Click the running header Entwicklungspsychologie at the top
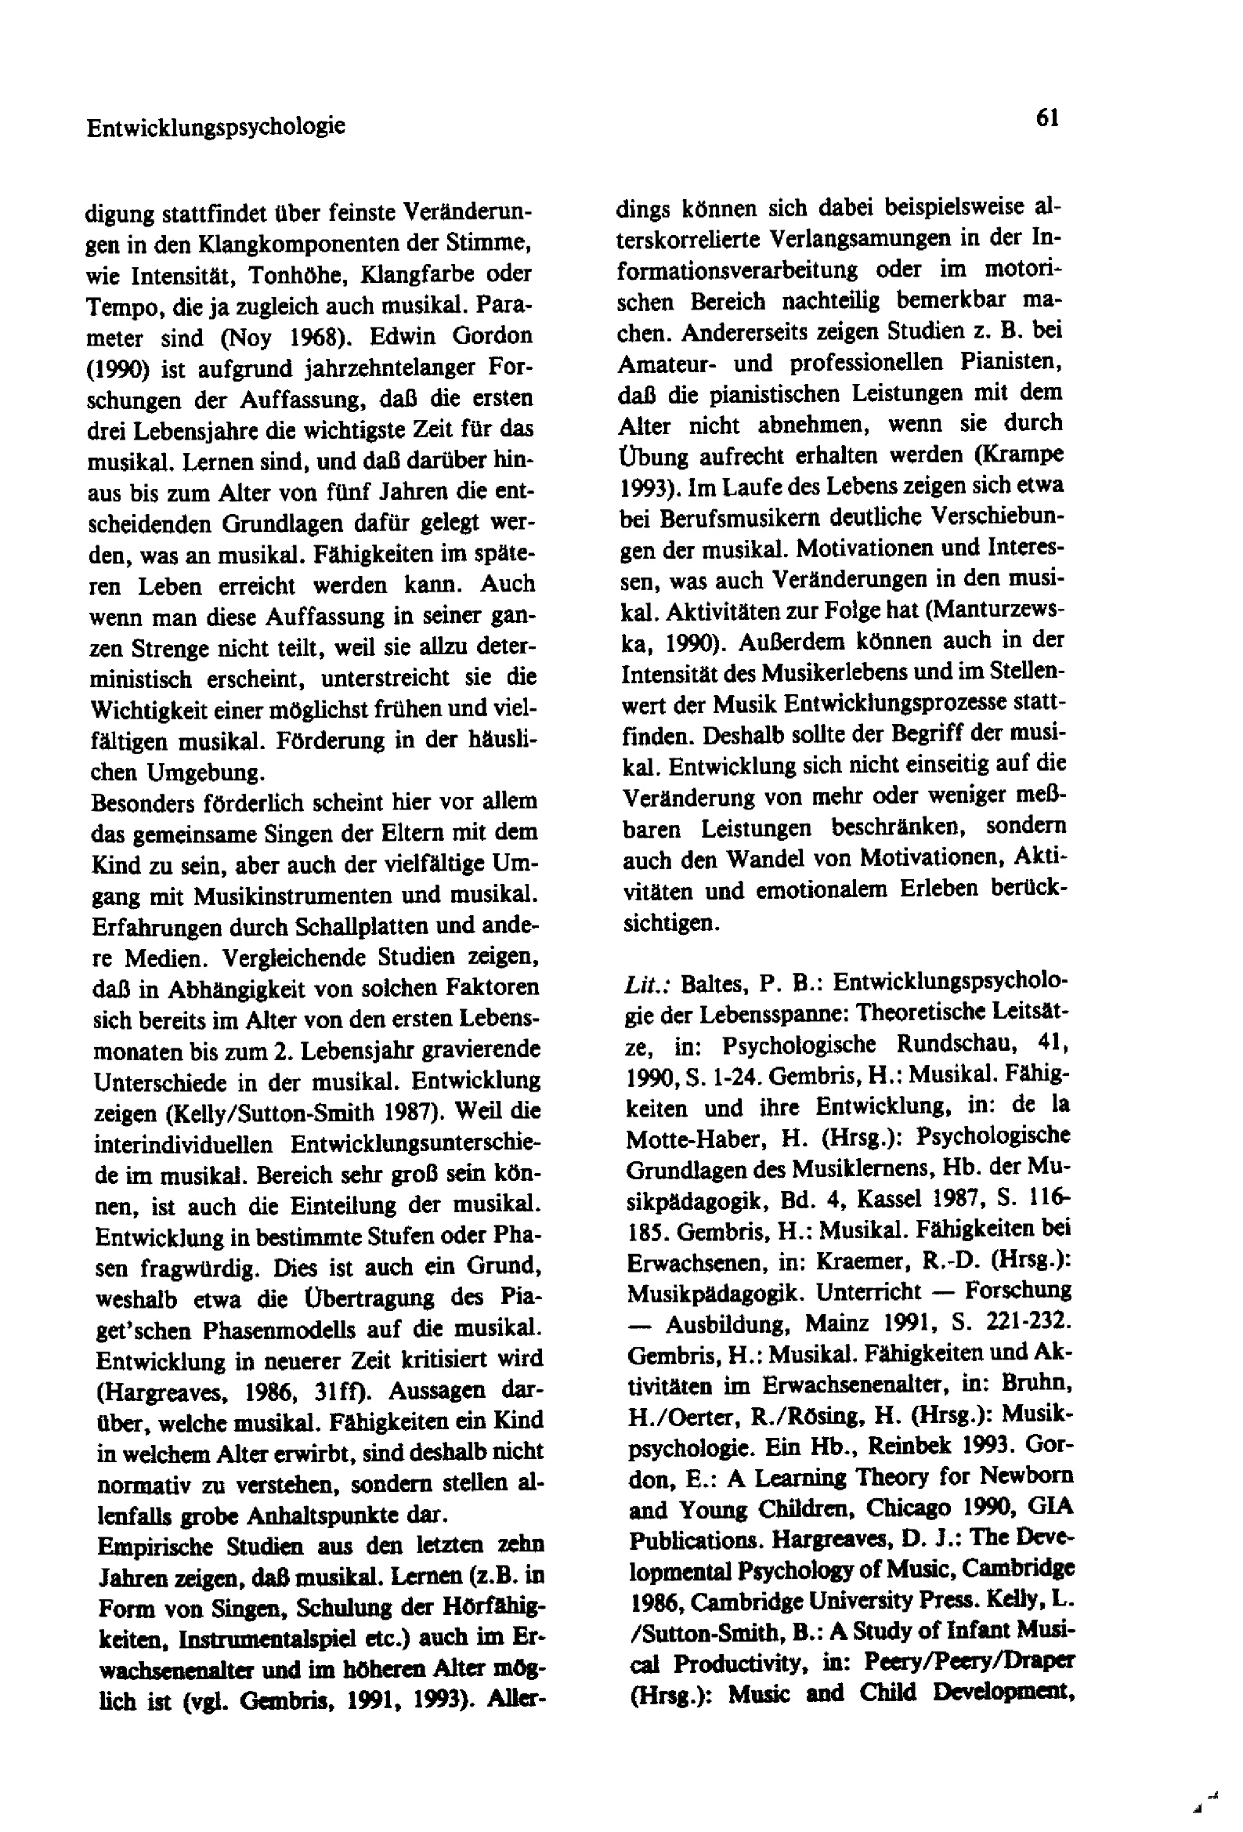tap(215, 126)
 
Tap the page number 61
tap(1047, 118)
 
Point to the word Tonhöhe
tap(298, 275)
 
